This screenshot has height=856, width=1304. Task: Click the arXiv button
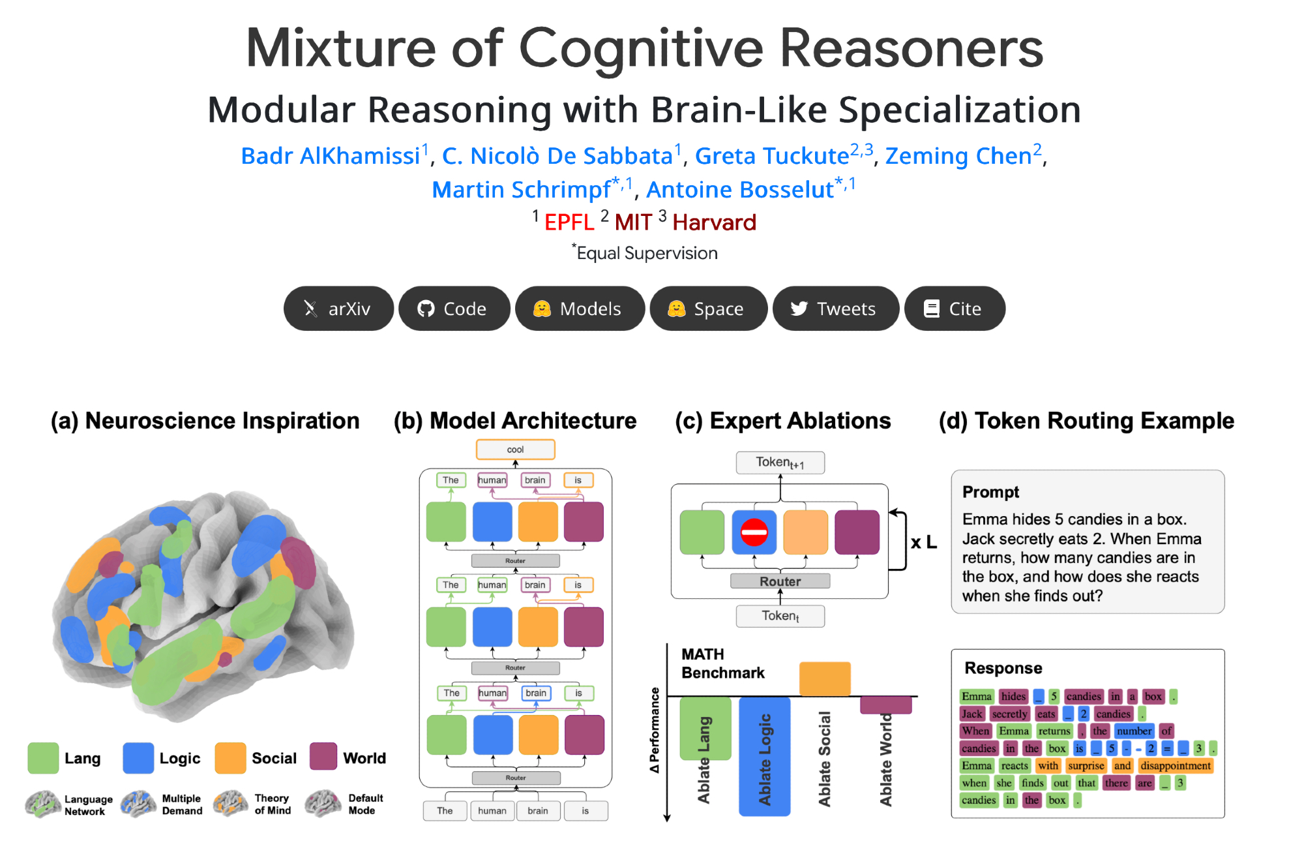click(338, 309)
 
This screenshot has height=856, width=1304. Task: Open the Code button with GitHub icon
click(454, 309)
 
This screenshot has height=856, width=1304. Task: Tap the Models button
click(579, 309)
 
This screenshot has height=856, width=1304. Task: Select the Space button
click(707, 309)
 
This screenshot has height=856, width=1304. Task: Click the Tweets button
click(835, 309)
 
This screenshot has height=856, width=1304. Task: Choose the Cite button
click(954, 309)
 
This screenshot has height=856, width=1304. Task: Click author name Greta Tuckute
click(772, 156)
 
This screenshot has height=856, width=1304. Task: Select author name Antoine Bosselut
click(739, 190)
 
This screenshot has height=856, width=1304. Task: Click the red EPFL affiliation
click(569, 222)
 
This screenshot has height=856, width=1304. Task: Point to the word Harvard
click(714, 222)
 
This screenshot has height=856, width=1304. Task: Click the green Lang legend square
click(43, 758)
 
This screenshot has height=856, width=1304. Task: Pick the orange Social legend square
click(230, 758)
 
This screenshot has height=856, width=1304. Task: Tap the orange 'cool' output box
click(515, 450)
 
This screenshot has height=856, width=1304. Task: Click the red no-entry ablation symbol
click(754, 532)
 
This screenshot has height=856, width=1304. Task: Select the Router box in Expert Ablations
click(780, 581)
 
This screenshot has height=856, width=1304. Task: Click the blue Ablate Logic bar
click(764, 757)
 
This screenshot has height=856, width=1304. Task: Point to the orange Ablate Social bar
click(825, 679)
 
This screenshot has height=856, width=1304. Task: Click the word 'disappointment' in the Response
click(1176, 765)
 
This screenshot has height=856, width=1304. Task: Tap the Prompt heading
click(990, 492)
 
